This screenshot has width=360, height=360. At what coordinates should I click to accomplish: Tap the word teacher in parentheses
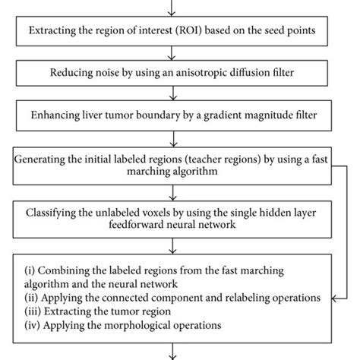tap(208, 160)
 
